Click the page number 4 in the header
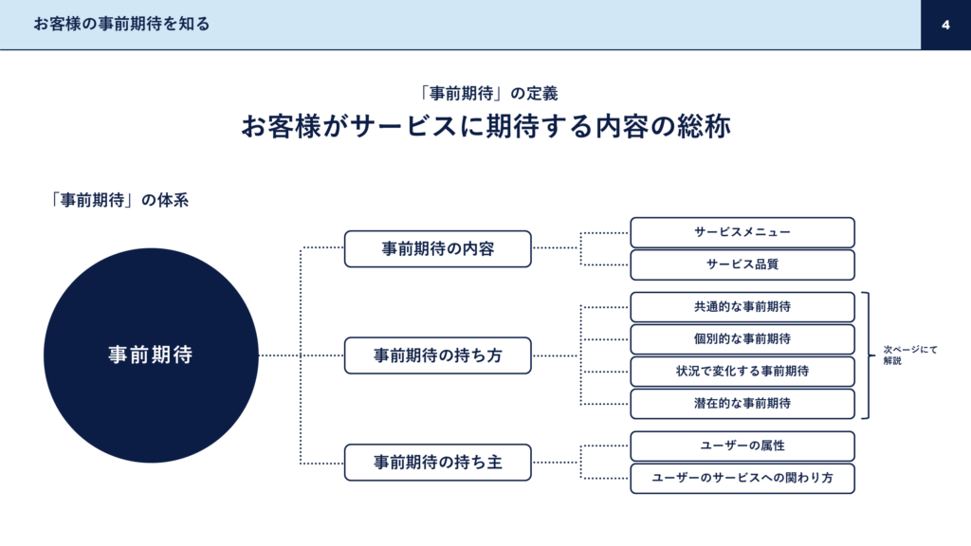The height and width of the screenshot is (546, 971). pyautogui.click(x=945, y=25)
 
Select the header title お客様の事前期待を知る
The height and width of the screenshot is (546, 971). pyautogui.click(x=121, y=24)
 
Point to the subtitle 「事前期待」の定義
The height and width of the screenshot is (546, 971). pyautogui.click(x=487, y=94)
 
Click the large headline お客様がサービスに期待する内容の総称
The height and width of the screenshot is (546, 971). pyautogui.click(x=485, y=126)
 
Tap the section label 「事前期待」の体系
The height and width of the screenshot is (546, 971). pyautogui.click(x=119, y=200)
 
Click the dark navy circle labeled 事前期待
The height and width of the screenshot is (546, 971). pyautogui.click(x=151, y=355)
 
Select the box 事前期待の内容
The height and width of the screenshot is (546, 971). pyautogui.click(x=438, y=249)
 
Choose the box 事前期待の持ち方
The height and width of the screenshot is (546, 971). pyautogui.click(x=438, y=355)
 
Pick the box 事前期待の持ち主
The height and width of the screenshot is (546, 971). pyautogui.click(x=438, y=463)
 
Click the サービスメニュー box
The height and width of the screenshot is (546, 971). pyautogui.click(x=742, y=233)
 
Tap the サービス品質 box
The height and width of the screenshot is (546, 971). pyautogui.click(x=742, y=265)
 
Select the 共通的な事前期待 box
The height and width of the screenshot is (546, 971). pyautogui.click(x=742, y=307)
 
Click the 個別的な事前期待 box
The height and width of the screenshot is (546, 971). pyautogui.click(x=742, y=339)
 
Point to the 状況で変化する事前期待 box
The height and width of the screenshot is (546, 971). pyautogui.click(x=742, y=372)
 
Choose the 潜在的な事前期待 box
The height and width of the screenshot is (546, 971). pyautogui.click(x=742, y=404)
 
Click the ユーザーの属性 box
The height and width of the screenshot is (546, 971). pyautogui.click(x=742, y=446)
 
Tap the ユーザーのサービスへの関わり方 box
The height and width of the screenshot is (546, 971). pyautogui.click(x=742, y=479)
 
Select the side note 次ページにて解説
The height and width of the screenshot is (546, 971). pyautogui.click(x=910, y=355)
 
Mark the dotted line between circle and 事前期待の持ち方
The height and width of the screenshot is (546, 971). pyautogui.click(x=302, y=355)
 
